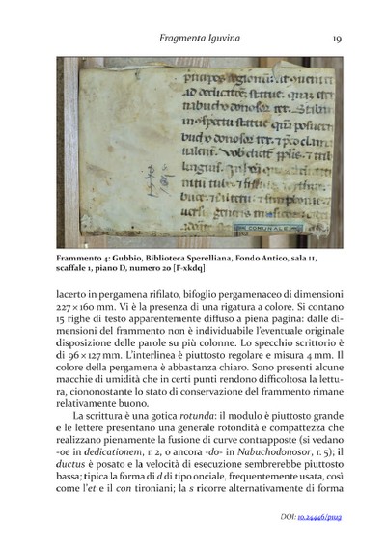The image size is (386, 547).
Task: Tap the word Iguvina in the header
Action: click(222, 39)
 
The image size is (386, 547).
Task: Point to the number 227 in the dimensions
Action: click(69, 304)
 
